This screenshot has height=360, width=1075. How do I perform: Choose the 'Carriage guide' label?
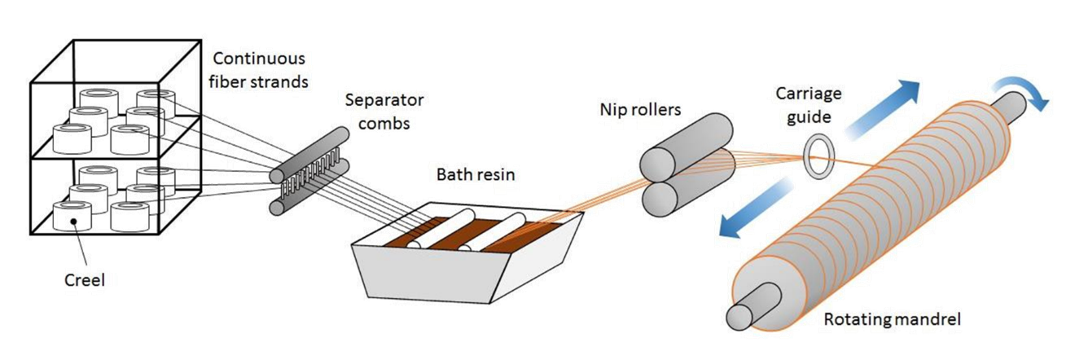[806, 104]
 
